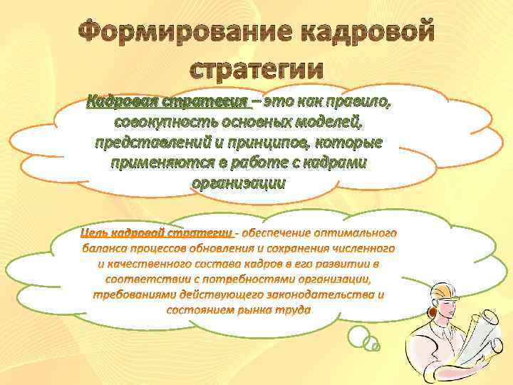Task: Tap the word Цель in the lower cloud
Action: (x=93, y=232)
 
